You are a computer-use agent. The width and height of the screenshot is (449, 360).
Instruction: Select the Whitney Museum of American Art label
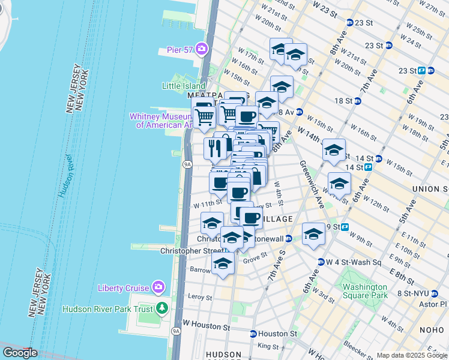[161, 121]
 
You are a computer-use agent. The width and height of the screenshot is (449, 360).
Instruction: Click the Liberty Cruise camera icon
[159, 287]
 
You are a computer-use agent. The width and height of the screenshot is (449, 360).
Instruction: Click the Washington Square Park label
[365, 291]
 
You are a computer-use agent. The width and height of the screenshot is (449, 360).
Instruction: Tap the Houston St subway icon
[254, 334]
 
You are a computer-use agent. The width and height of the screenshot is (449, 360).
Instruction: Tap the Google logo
[20, 353]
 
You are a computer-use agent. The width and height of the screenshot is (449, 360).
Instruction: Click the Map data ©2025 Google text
[411, 355]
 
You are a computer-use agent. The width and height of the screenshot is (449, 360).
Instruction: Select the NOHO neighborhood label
[434, 329]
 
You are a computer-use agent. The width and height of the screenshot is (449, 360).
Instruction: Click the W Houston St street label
[206, 327]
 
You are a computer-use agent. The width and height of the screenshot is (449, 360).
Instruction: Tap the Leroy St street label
[200, 297]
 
